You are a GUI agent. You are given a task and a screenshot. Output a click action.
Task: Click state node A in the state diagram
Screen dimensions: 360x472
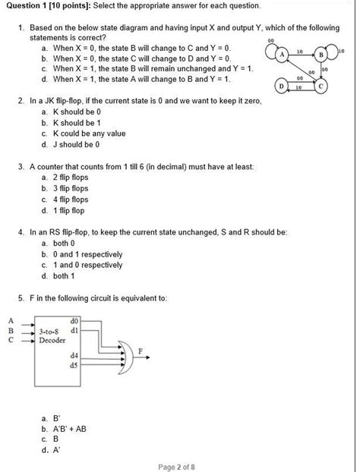pos(281,55)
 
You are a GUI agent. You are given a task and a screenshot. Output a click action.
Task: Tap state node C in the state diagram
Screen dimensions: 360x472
pos(321,86)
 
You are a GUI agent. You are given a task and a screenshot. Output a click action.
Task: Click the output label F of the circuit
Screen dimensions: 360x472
pos(140,348)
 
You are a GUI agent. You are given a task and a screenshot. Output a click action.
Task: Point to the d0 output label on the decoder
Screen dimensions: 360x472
pos(74,320)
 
